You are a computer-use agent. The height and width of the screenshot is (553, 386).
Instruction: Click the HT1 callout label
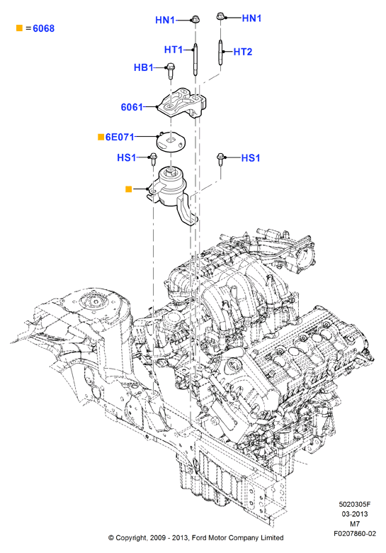[174, 50]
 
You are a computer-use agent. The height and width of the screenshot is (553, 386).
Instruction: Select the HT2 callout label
[243, 52]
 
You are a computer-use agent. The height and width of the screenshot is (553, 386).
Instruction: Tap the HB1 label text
[143, 67]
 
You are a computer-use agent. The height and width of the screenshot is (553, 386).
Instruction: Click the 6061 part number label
[132, 107]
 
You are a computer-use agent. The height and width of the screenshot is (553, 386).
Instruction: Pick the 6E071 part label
[120, 137]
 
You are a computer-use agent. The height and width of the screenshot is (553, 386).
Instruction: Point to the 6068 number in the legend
[44, 28]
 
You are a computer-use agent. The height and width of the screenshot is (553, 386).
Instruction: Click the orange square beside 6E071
[101, 137]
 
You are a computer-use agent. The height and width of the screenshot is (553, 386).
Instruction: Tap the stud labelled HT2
[221, 52]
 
